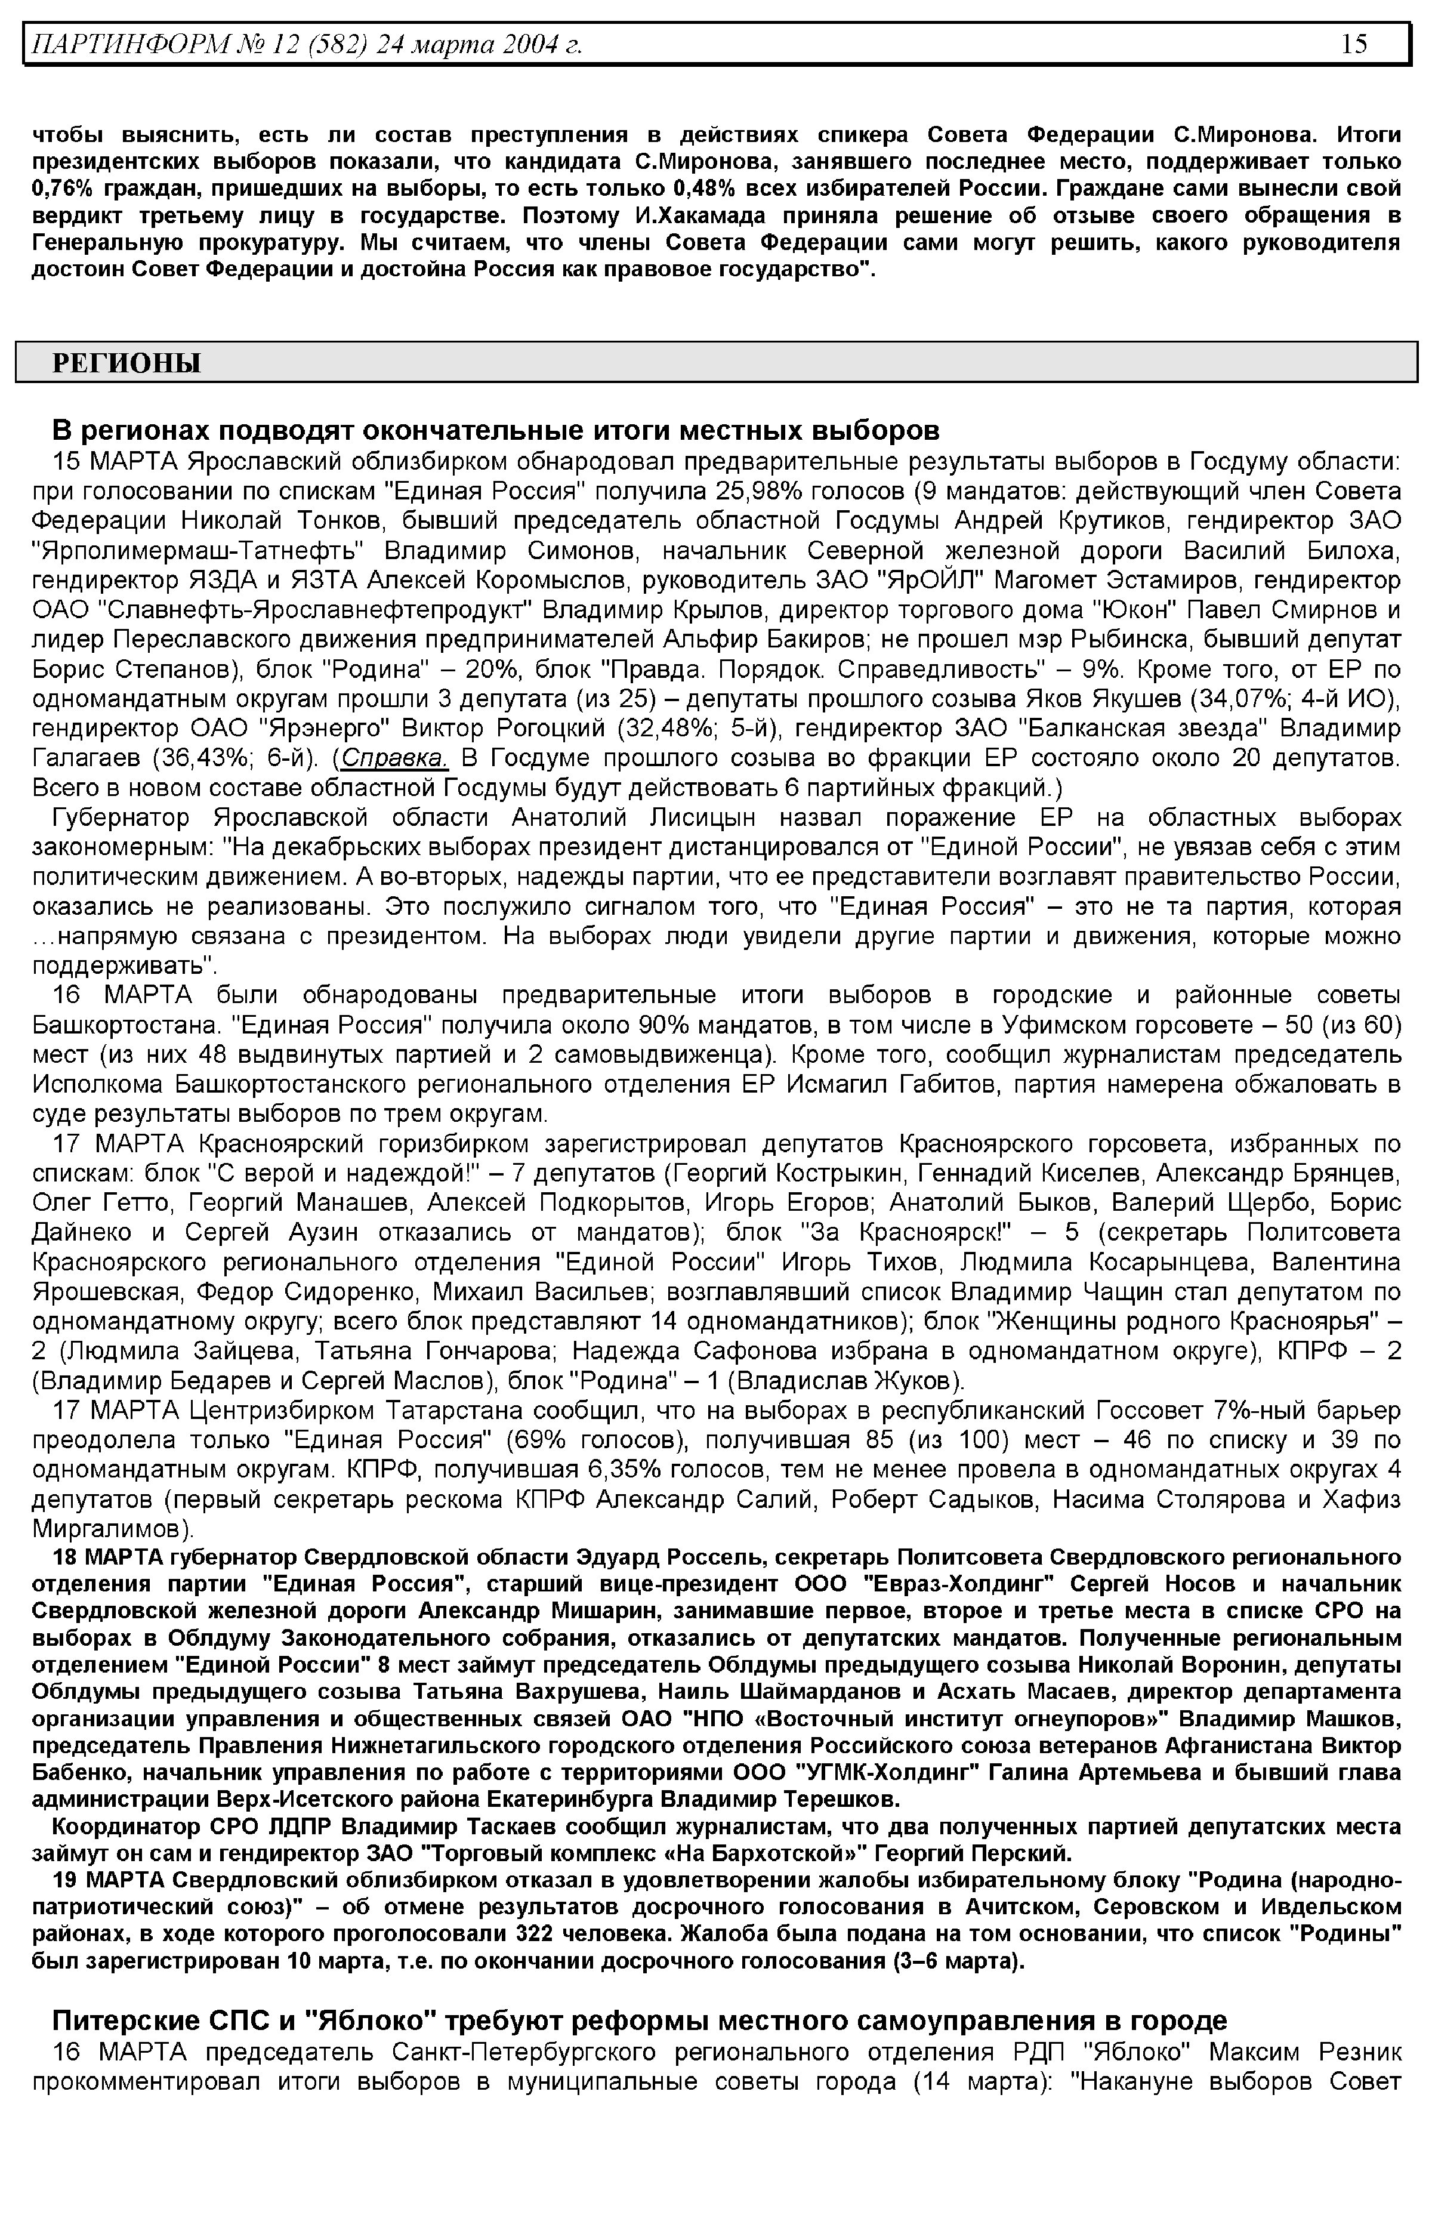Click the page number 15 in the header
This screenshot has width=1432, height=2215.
(x=1354, y=44)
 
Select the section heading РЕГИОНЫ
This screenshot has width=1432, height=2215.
(x=126, y=363)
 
